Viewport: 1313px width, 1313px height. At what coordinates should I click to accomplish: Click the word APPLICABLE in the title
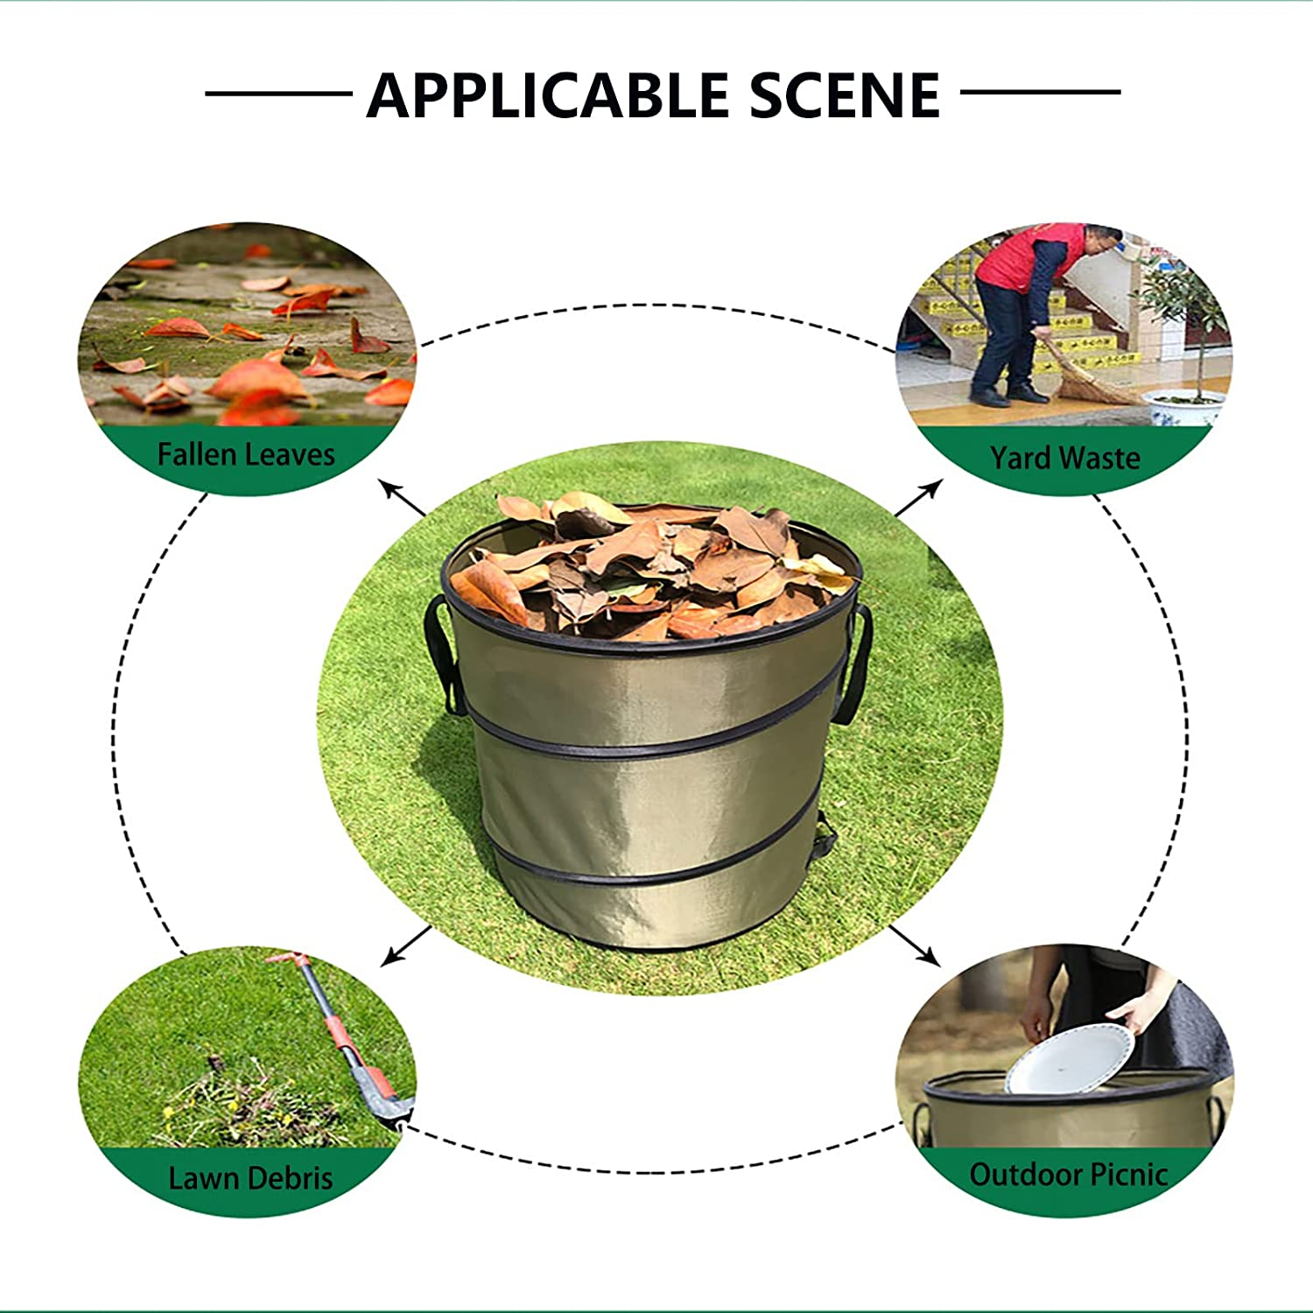click(548, 95)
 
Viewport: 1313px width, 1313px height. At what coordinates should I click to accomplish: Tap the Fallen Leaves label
click(246, 455)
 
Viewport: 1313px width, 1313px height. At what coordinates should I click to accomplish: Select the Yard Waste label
click(1064, 458)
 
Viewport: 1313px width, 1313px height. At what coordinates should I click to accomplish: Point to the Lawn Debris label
click(250, 1178)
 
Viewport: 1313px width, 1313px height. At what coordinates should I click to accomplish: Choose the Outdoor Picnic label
click(1068, 1175)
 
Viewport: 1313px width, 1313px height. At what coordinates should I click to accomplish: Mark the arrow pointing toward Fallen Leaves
click(402, 497)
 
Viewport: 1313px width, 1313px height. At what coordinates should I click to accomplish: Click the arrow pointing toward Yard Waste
click(918, 498)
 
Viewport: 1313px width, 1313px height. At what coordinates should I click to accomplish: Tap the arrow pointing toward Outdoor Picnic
click(915, 945)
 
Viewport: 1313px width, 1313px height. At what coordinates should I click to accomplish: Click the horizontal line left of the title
click(278, 93)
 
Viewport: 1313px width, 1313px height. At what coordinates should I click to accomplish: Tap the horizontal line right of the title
click(1040, 91)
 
